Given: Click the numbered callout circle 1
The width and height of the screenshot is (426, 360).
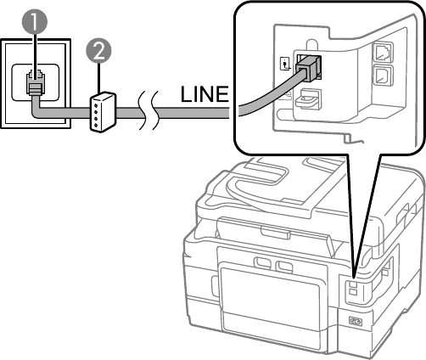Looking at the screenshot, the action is click(x=35, y=22).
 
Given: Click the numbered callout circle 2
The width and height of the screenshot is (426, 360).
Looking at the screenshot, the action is click(x=98, y=52).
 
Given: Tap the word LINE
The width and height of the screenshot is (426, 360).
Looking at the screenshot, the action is click(x=205, y=94).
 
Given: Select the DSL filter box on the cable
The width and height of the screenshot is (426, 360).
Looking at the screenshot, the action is click(x=103, y=112).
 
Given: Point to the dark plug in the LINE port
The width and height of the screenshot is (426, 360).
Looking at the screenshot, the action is click(x=308, y=68).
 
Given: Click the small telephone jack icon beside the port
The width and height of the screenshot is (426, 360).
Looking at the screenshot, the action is click(x=285, y=64).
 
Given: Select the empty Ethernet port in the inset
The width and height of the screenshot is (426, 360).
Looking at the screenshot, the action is click(x=383, y=52).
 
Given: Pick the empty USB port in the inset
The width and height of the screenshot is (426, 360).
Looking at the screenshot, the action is click(x=383, y=75).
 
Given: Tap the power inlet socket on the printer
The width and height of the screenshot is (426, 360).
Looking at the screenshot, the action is click(x=356, y=321).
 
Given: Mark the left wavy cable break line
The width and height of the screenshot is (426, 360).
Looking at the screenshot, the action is click(x=143, y=110).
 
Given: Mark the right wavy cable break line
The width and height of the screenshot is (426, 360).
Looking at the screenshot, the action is click(x=156, y=110).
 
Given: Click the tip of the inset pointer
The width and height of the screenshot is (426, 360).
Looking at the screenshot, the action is click(x=354, y=277).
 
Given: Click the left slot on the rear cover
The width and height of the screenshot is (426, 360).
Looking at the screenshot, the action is click(x=263, y=262).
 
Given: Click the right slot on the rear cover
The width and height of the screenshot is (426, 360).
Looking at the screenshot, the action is click(x=284, y=267).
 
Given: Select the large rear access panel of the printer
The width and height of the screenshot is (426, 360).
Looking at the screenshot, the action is click(x=270, y=300).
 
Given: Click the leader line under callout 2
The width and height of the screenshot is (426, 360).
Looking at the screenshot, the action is click(x=98, y=78).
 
